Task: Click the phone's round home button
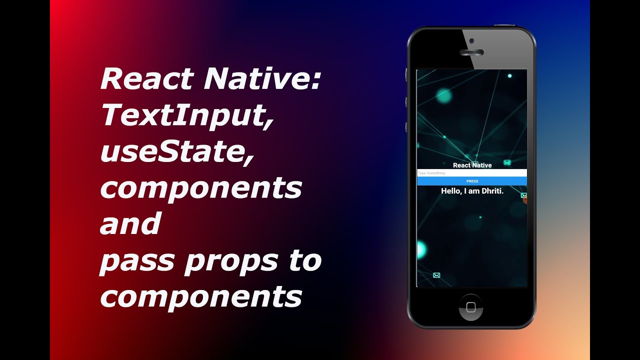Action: [471, 306]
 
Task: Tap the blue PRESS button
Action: [472, 181]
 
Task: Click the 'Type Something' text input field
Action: [472, 173]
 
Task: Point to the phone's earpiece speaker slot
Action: [471, 52]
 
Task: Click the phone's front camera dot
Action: [471, 40]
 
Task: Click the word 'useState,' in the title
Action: [176, 152]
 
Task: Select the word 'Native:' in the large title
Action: [262, 79]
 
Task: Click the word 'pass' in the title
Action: [137, 261]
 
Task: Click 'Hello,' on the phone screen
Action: [451, 191]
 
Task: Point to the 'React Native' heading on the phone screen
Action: [472, 165]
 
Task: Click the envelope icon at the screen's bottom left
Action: [436, 275]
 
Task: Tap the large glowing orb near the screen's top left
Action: [443, 96]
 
